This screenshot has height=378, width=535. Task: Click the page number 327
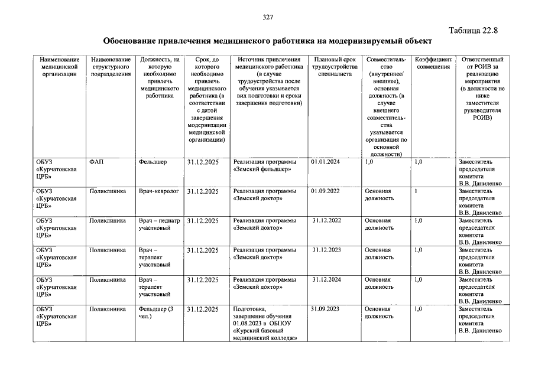(268, 17)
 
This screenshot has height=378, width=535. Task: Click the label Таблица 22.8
(474, 31)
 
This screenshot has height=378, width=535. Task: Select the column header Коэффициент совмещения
(433, 63)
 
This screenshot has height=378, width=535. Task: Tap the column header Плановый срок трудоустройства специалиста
(335, 67)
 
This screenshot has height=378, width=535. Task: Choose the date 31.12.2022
(328, 220)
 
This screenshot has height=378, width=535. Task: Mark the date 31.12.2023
(328, 250)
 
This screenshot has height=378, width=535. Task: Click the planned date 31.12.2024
(328, 279)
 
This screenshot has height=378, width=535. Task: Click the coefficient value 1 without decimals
(416, 191)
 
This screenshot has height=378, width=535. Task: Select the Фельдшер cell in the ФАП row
(153, 161)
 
